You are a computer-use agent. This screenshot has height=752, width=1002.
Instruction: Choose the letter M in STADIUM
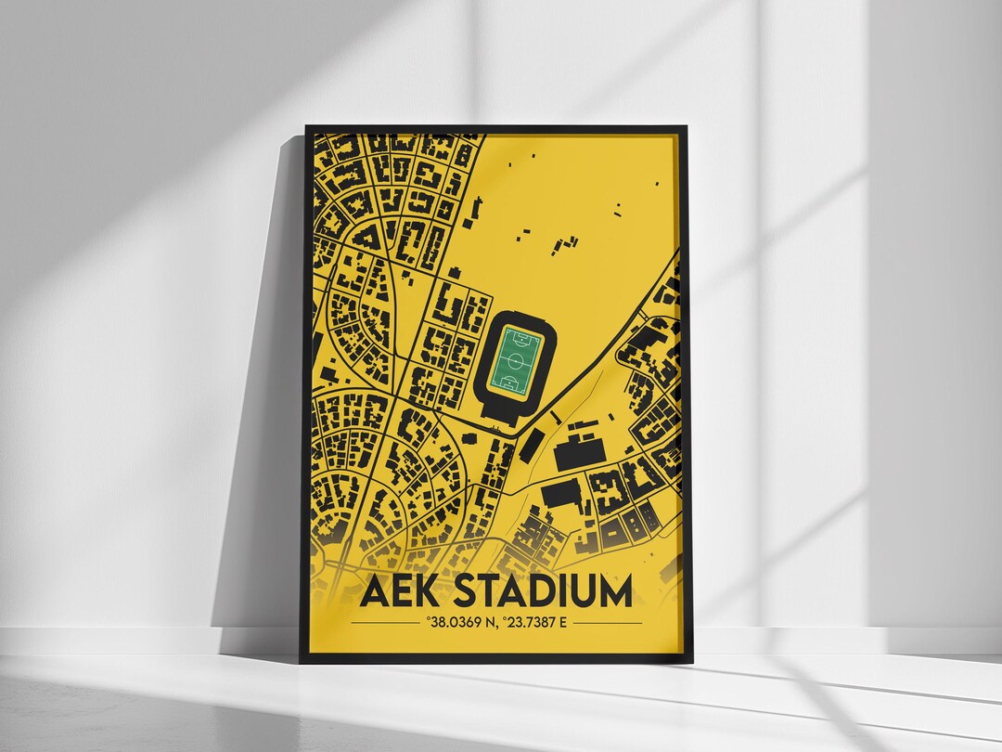pos(613,591)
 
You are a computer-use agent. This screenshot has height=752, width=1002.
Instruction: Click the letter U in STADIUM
pos(583,591)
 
